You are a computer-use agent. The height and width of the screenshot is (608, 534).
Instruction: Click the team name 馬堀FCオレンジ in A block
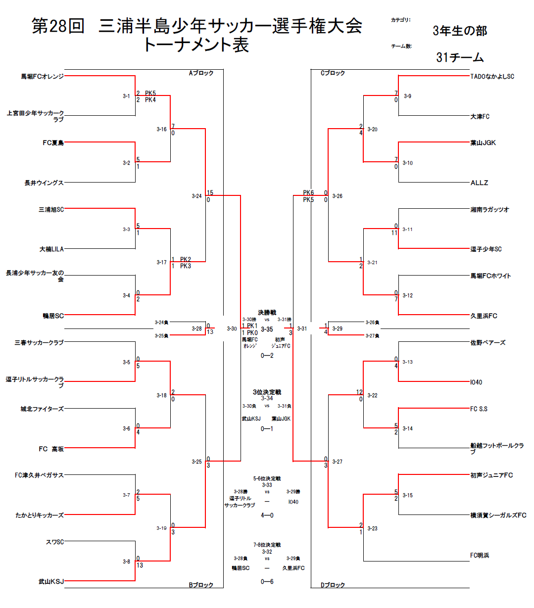click(42, 77)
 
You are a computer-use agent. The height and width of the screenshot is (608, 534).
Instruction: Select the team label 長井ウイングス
click(44, 183)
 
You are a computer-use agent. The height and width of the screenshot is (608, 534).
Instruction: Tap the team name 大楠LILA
click(51, 249)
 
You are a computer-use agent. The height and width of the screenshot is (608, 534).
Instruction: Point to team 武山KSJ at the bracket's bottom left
click(51, 582)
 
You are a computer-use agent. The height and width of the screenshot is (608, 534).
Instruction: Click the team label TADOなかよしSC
click(492, 77)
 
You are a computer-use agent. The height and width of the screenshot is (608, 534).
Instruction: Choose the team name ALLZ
click(479, 183)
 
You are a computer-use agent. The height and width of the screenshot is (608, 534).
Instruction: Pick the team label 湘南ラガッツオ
click(489, 210)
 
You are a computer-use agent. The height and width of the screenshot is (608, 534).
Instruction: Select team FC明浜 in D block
click(480, 556)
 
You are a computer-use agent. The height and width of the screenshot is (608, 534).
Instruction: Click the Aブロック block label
click(201, 73)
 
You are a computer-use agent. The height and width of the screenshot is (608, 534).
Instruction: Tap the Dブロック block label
click(333, 585)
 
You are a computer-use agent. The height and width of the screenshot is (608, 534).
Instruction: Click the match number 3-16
click(162, 130)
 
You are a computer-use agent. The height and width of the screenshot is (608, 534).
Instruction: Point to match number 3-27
click(337, 462)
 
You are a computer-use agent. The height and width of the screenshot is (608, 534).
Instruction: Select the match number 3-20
click(372, 130)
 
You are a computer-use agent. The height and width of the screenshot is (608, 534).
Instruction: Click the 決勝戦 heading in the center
click(267, 313)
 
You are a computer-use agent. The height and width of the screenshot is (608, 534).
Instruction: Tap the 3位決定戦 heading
click(267, 392)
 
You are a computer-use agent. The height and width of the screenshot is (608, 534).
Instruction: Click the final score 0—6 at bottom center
click(267, 582)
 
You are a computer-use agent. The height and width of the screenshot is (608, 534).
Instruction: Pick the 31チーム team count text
click(460, 58)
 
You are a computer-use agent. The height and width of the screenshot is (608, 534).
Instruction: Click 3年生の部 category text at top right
click(460, 31)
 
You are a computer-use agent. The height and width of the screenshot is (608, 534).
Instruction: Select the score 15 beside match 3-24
click(210, 193)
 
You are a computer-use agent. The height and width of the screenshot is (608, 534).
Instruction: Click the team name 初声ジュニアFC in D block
click(491, 475)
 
